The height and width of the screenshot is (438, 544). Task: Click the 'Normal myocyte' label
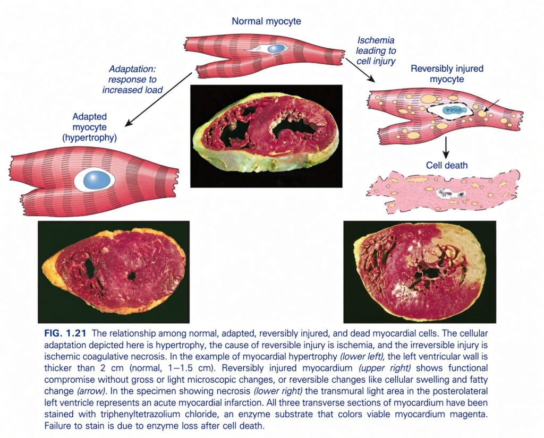coord(266,21)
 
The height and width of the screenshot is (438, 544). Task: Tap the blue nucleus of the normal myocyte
coord(276,48)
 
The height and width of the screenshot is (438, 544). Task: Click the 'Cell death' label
coord(446,165)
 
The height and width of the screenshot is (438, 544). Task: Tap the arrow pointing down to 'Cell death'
coord(446,147)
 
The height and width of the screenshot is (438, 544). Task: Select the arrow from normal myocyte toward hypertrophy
coord(158,99)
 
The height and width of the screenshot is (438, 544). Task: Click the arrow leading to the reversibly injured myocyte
coord(360,71)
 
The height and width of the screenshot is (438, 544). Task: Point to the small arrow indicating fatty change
coord(491,106)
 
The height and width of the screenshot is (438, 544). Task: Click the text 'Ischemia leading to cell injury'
coord(376,50)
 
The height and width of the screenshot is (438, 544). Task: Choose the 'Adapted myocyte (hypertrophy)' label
coord(89,127)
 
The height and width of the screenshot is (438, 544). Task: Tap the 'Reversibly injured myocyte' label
coord(447,73)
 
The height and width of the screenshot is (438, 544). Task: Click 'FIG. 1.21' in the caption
coord(65,333)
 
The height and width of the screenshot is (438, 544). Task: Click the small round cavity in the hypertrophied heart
coord(132,276)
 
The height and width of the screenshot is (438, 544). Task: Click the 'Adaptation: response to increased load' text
coord(132,80)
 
